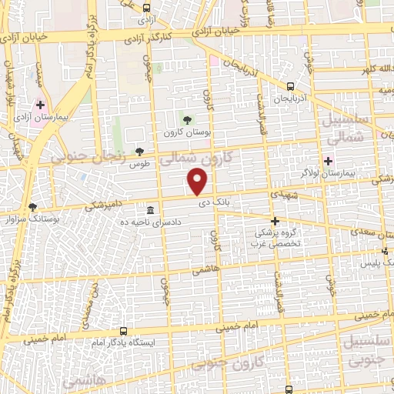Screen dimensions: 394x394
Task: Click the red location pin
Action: click(x=199, y=182)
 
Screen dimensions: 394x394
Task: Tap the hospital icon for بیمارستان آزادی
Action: click(x=40, y=105)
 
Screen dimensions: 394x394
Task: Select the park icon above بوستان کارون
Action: click(x=185, y=119)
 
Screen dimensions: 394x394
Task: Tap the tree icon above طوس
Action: click(x=139, y=152)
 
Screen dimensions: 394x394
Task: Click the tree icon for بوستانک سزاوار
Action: click(x=32, y=206)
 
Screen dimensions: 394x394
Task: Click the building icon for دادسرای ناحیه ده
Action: click(x=149, y=210)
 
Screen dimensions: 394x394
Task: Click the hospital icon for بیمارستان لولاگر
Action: click(x=329, y=162)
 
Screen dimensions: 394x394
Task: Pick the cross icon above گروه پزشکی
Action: click(x=275, y=220)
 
